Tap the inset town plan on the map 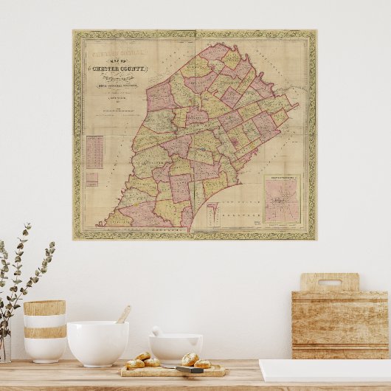282,199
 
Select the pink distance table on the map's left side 94,152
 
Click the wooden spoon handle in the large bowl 123,314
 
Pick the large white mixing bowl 97,342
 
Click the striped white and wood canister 44,330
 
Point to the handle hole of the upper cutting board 329,282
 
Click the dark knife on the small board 190,369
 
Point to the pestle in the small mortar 157,331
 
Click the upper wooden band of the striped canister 44,308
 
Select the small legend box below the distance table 91,179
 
